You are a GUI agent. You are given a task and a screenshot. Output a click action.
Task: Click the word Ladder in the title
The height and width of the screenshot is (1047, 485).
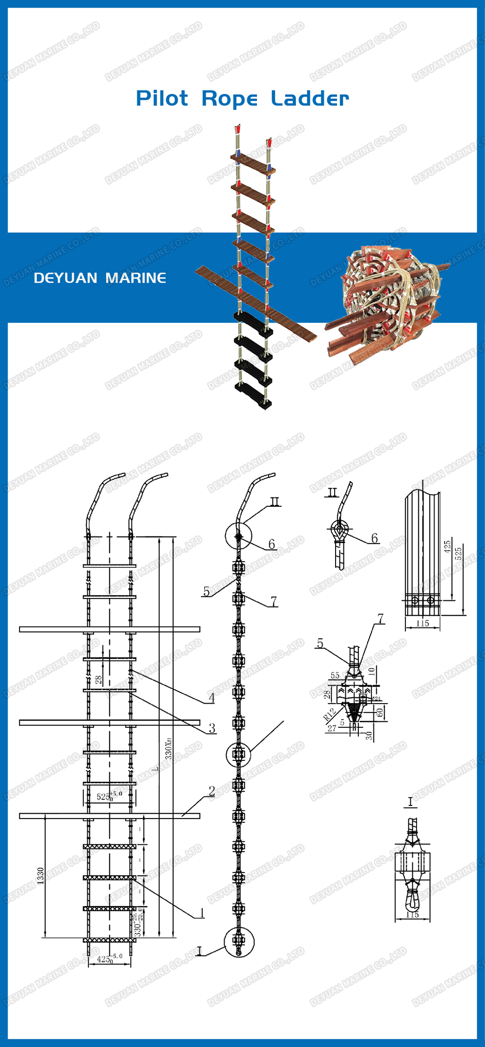point(309,98)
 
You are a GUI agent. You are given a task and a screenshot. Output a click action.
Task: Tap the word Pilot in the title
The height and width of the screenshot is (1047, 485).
point(162,98)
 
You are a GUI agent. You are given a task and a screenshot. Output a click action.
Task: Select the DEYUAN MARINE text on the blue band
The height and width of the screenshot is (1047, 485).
point(100,278)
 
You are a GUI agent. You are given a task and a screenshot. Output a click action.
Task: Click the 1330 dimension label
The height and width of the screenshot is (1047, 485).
point(41,875)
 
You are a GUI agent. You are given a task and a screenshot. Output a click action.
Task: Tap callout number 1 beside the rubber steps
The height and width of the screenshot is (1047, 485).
point(202,913)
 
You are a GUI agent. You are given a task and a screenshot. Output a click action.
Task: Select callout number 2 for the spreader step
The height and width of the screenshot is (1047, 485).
point(211,791)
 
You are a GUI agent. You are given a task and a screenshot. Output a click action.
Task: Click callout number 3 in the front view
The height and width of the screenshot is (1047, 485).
point(212,728)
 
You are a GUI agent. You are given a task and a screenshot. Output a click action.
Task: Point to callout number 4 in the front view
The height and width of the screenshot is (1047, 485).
point(211,698)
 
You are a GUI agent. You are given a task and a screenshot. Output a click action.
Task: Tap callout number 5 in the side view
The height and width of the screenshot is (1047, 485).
point(207,592)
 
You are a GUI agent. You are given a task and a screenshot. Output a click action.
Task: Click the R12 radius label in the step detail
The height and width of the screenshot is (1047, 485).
point(329,714)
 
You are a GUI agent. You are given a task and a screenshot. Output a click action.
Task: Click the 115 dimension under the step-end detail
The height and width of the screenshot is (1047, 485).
point(422,623)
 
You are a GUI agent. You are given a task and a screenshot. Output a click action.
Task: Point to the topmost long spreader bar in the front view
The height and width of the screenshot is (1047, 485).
point(110,629)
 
